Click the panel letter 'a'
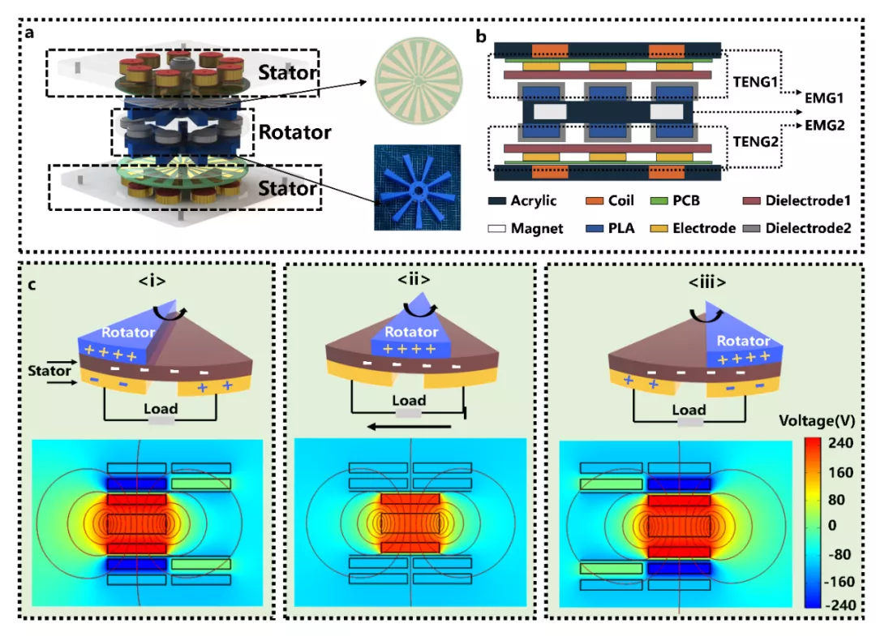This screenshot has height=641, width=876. [29, 33]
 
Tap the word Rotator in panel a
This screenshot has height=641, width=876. [295, 131]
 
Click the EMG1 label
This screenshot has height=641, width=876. [824, 97]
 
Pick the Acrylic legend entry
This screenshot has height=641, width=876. [522, 200]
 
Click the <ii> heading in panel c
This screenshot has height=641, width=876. [414, 280]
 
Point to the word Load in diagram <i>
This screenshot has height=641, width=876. [161, 409]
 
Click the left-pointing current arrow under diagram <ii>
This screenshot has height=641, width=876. [406, 426]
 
